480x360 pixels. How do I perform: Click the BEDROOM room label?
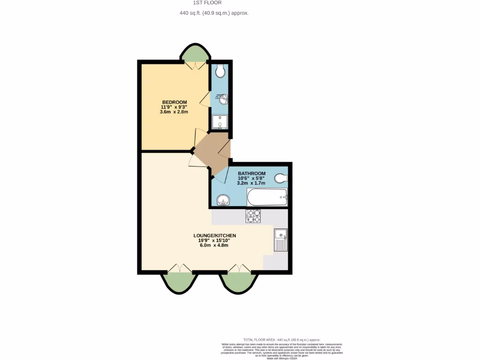pos(174,102)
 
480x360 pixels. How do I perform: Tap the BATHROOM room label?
pos(252,173)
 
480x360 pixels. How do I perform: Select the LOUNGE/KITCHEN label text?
pos(214,235)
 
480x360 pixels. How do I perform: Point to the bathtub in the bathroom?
pos(267,197)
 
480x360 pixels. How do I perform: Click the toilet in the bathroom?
pos(280,178)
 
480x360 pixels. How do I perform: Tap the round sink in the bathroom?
pos(223,200)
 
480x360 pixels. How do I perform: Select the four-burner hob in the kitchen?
pos(253,216)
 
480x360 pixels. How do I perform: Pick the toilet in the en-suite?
pos(220,71)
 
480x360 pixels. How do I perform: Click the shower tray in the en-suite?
pos(219,122)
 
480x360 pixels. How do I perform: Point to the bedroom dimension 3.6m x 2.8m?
pos(174,112)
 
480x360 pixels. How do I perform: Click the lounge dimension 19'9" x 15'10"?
pos(214,240)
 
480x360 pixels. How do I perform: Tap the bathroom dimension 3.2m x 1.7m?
pos(251,183)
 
